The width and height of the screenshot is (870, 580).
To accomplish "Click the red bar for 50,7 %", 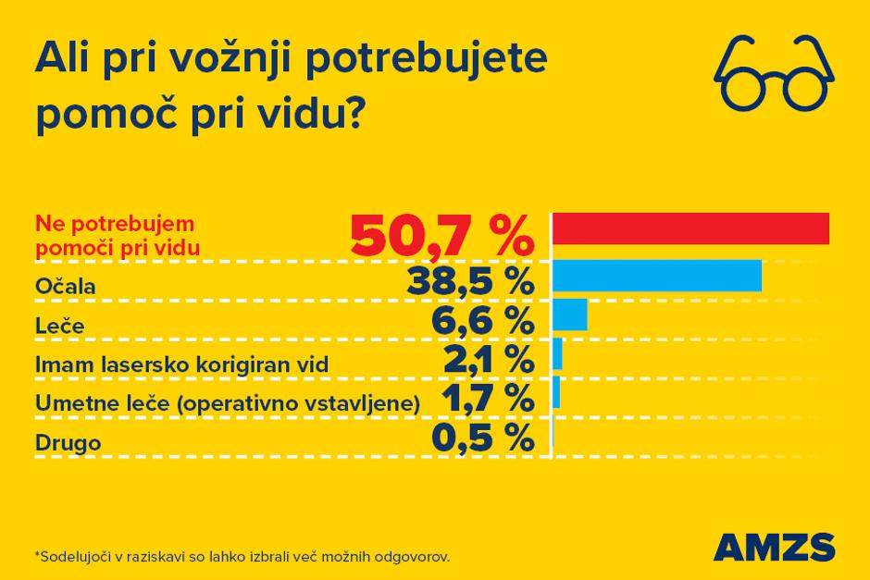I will click(690, 228).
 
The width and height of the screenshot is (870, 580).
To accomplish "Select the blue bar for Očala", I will click(657, 276).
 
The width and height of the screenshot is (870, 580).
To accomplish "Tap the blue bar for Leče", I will click(570, 315).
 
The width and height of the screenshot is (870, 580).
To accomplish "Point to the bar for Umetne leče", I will click(556, 393).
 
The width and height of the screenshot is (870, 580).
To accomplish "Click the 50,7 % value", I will click(441, 238).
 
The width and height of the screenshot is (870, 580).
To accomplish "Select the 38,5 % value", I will click(469, 280).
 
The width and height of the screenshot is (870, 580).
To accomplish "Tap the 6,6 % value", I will click(482, 320).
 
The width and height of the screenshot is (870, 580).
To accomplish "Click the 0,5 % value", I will click(482, 438).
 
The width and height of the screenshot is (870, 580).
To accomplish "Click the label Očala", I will click(65, 286).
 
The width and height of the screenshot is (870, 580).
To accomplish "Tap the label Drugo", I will click(68, 443).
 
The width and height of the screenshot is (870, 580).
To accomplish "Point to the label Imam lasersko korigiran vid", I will click(181, 364).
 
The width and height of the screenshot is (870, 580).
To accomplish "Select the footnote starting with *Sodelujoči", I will click(242, 558).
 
